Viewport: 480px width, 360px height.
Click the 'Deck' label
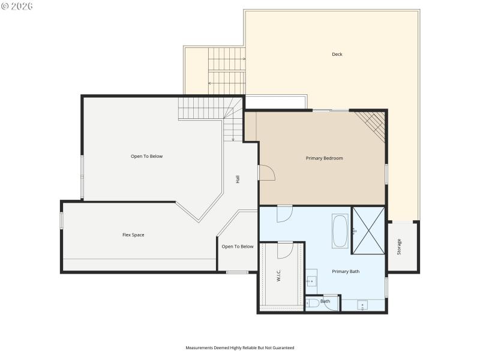click(337, 55)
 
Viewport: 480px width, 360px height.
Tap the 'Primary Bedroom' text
click(324, 158)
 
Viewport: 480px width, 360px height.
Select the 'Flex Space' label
click(133, 235)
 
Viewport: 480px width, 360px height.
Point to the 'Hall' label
click(238, 179)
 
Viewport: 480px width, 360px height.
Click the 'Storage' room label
click(400, 247)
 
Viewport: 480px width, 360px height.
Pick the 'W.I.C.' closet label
click(279, 275)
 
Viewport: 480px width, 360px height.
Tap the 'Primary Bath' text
click(346, 272)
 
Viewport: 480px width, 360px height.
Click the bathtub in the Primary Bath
click(340, 230)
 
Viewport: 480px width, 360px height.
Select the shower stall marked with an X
click(367, 230)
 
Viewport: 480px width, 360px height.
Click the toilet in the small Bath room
click(312, 303)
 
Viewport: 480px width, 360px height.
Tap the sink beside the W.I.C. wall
click(312, 281)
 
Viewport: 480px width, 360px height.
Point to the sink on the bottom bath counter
click(363, 305)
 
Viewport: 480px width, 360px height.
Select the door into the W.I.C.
click(285, 248)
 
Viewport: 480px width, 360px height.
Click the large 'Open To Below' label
click(146, 157)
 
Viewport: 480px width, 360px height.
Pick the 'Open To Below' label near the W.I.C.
click(238, 247)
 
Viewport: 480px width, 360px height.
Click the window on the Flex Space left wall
click(61, 220)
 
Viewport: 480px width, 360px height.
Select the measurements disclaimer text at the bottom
click(239, 347)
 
